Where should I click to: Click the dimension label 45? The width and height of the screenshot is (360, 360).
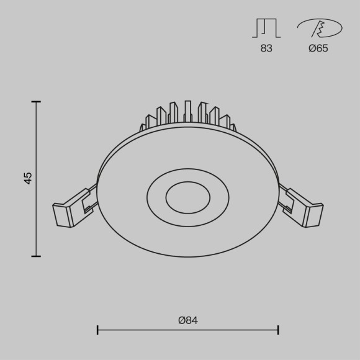(x=28, y=178)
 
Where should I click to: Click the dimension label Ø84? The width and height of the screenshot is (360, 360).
(x=187, y=320)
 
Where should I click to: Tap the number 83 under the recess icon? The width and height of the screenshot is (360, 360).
(x=266, y=48)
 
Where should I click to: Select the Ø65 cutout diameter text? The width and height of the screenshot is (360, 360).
(x=318, y=48)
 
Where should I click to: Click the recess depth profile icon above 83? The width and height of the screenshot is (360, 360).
(x=266, y=28)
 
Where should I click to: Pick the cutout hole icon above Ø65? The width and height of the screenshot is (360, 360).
(x=319, y=28)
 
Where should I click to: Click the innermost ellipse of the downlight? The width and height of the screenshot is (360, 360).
(x=187, y=198)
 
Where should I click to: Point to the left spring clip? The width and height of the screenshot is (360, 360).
(x=74, y=207)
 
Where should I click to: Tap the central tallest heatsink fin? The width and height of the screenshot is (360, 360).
(x=187, y=112)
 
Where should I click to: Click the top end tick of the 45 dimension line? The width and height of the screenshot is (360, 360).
(x=36, y=102)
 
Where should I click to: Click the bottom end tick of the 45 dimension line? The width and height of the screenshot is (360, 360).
(x=36, y=255)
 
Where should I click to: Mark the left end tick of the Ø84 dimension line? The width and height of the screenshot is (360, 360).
(x=97, y=330)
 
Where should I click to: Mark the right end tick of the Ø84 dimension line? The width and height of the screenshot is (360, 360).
(x=277, y=330)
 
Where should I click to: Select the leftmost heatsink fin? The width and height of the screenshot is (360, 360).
(x=143, y=128)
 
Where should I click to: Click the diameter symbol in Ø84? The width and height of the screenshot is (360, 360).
(x=181, y=320)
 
